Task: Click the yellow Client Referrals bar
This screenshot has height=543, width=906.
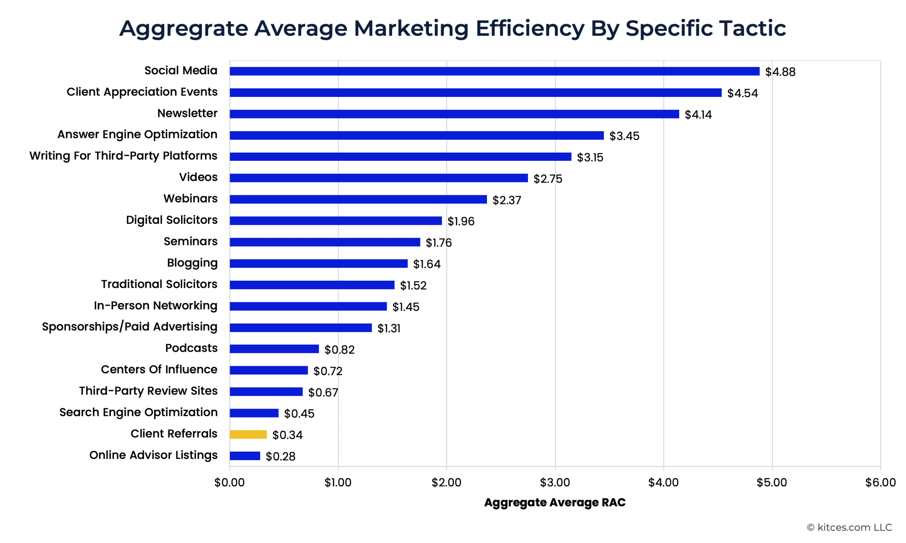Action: pyautogui.click(x=248, y=434)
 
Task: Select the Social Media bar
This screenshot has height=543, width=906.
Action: pyautogui.click(x=494, y=71)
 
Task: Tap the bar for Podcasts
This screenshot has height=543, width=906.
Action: pyautogui.click(x=274, y=349)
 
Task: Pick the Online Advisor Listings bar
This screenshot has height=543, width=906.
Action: pyautogui.click(x=245, y=456)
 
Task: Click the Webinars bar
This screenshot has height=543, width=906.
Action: pyautogui.click(x=358, y=199)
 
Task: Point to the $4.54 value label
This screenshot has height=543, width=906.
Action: pyautogui.click(x=742, y=93)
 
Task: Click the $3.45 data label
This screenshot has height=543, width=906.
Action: pyautogui.click(x=624, y=136)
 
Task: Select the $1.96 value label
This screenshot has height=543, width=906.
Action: pyautogui.click(x=461, y=221)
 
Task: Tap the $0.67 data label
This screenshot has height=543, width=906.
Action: pyautogui.click(x=323, y=392)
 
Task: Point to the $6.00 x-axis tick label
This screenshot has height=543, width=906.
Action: pyautogui.click(x=881, y=482)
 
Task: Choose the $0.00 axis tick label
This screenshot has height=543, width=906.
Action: pyautogui.click(x=229, y=482)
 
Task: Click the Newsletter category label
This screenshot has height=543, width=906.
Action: pyautogui.click(x=187, y=113)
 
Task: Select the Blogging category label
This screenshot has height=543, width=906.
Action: pyautogui.click(x=192, y=263)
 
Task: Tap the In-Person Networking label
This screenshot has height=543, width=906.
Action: pyautogui.click(x=155, y=305)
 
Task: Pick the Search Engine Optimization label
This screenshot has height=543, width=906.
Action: pyautogui.click(x=138, y=412)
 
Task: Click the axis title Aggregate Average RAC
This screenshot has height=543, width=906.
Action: pyautogui.click(x=555, y=502)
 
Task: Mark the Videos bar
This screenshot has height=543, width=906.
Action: pyautogui.click(x=379, y=178)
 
